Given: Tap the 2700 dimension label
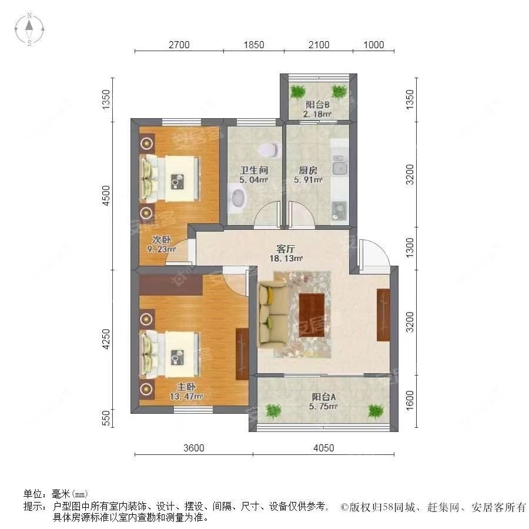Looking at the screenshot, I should [x=179, y=45].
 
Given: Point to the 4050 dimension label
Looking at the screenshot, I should [x=323, y=448].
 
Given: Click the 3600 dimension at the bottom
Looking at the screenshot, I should [x=193, y=448].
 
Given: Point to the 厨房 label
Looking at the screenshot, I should [x=308, y=171].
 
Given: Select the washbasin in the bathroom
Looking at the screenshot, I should [x=237, y=197].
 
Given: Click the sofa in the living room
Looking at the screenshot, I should [x=272, y=312].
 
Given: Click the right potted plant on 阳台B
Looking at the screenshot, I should [x=339, y=92].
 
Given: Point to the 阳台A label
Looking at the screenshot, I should [x=324, y=396].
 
